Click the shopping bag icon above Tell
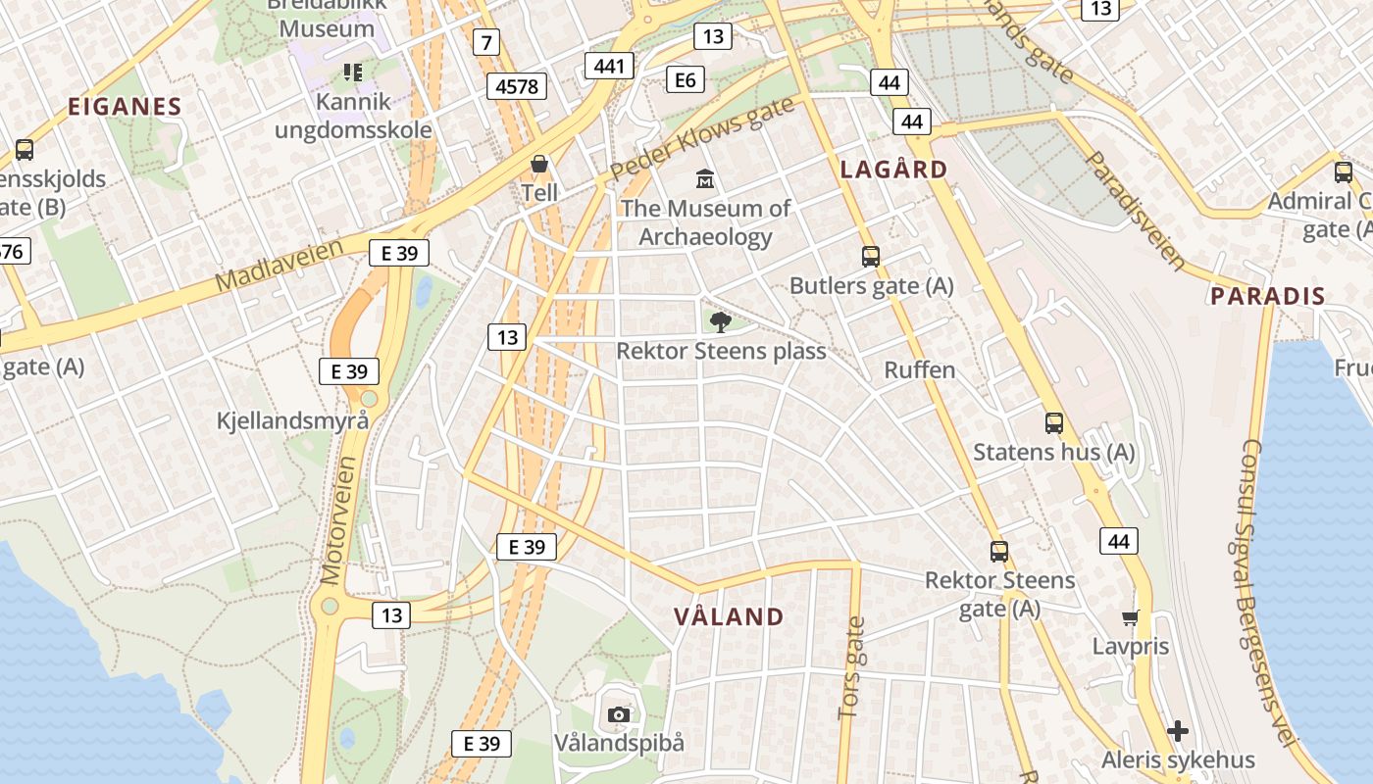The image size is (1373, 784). click(x=538, y=164)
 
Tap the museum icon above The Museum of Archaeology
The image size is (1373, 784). click(x=705, y=179)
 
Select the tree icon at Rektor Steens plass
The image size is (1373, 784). click(x=721, y=322)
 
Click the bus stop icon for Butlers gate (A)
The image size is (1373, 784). click(x=870, y=257)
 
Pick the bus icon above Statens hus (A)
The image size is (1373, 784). click(x=1054, y=423)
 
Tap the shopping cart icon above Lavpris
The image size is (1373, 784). click(x=1131, y=617)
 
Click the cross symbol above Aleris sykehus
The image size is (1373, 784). click(x=1178, y=731)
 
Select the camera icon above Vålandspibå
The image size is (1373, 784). click(x=618, y=714)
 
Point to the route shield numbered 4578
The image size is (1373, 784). click(x=517, y=86)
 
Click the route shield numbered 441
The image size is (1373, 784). click(x=609, y=66)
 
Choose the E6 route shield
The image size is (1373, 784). click(x=686, y=79)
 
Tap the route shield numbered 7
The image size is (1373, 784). click(x=485, y=42)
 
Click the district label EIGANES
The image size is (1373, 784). click(x=125, y=107)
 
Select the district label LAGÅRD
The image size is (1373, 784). click(x=894, y=170)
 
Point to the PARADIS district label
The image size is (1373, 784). click(x=1267, y=296)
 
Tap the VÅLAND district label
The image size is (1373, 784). click(x=729, y=616)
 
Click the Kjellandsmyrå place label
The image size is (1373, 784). click(x=293, y=420)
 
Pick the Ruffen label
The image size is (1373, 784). click(x=919, y=369)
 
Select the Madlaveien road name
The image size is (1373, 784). click(x=279, y=265)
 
